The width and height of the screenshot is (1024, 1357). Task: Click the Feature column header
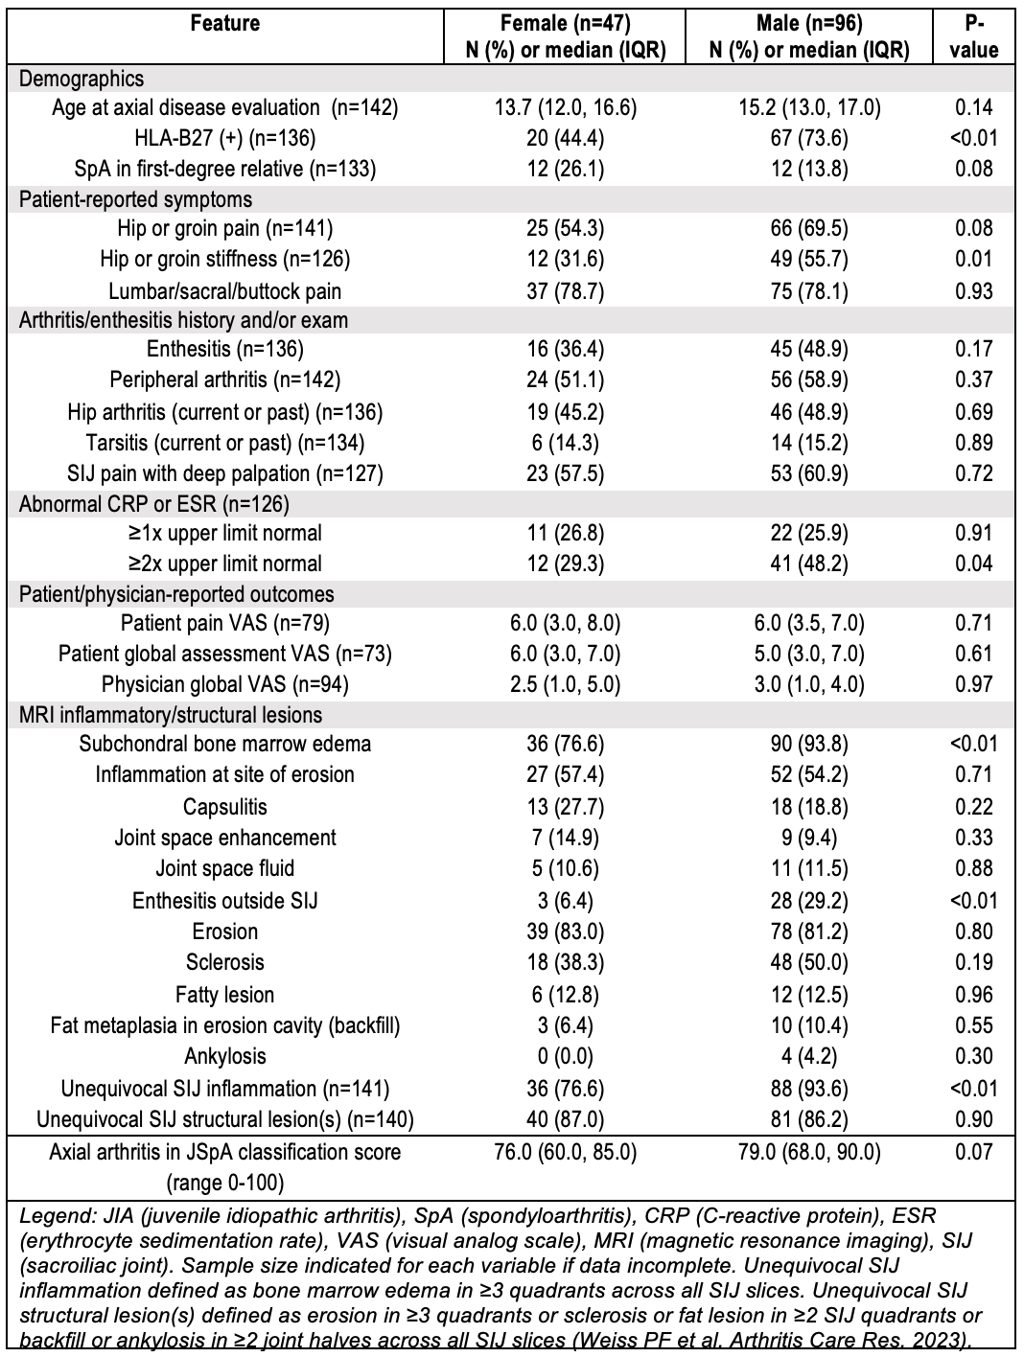(x=224, y=23)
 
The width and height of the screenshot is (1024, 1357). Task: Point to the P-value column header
(x=973, y=36)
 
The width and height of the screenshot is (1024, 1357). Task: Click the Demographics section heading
(x=81, y=80)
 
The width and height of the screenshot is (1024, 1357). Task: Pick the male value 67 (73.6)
(x=808, y=138)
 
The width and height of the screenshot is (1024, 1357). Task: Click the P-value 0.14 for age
(x=973, y=107)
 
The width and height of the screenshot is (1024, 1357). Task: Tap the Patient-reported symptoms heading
(x=135, y=199)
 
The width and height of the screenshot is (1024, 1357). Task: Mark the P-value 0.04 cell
(x=973, y=563)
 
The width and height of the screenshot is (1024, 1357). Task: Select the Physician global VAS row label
(x=224, y=684)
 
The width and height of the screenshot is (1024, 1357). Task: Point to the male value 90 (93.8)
(x=808, y=744)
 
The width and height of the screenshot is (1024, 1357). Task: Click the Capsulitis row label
(x=224, y=806)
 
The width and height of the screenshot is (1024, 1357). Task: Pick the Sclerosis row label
(x=224, y=962)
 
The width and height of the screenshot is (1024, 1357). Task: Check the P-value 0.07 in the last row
(x=973, y=1151)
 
